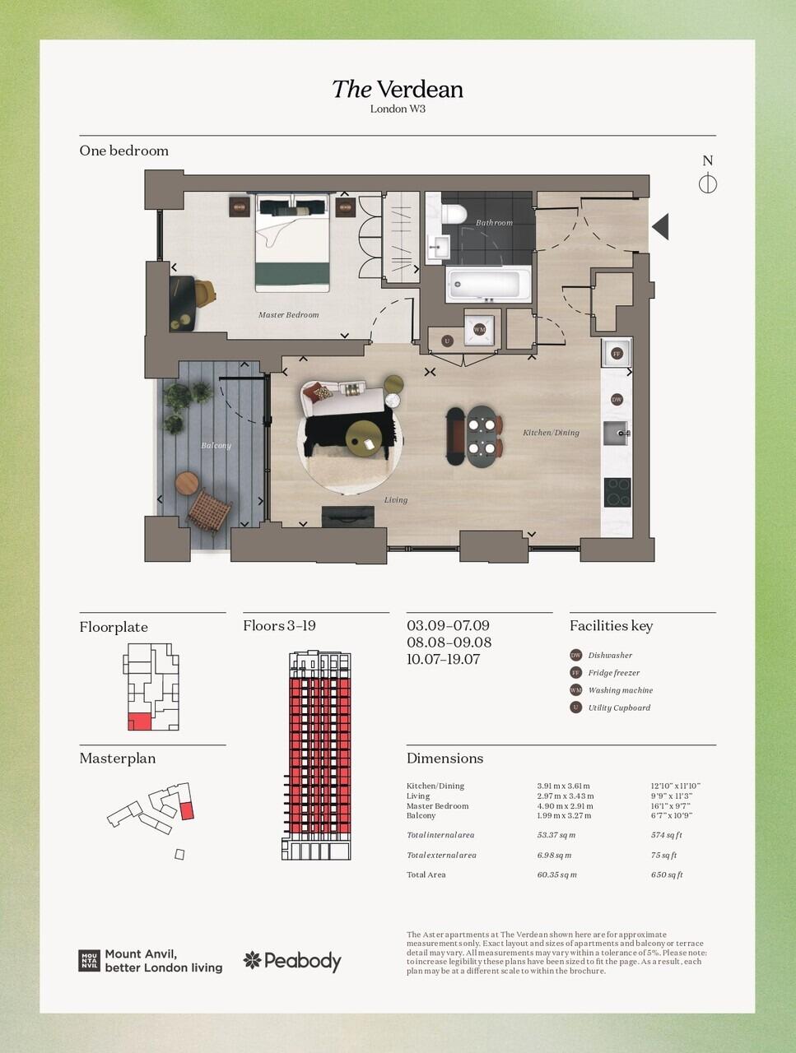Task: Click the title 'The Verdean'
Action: [397, 89]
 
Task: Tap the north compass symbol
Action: [707, 183]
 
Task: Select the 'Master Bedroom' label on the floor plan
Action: [288, 315]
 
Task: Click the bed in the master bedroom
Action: [292, 243]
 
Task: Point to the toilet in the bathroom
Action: [454, 215]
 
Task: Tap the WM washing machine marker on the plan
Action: [479, 330]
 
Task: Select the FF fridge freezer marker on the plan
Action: [616, 354]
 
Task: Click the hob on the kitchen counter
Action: [617, 492]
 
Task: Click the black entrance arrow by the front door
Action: [660, 226]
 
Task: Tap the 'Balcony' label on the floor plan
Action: [216, 446]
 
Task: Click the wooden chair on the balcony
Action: [209, 510]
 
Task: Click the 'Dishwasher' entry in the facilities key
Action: [610, 656]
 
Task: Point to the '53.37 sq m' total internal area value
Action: [556, 835]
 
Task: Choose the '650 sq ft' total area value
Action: [667, 874]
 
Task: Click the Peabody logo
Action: [292, 961]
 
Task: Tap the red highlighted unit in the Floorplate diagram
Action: [139, 721]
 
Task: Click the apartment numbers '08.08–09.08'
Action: [449, 642]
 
